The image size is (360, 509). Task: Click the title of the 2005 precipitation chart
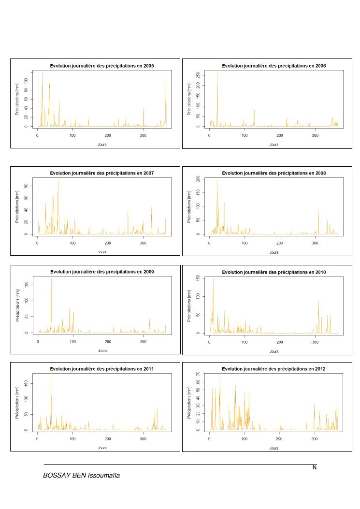(102, 65)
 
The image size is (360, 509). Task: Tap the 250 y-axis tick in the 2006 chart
(199, 74)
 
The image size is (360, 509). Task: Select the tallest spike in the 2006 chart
(217, 73)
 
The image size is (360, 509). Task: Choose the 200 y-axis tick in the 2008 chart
(199, 179)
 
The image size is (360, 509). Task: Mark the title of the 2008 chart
(274, 173)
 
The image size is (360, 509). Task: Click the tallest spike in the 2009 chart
(51, 279)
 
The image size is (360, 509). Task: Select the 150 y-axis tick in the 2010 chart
(199, 278)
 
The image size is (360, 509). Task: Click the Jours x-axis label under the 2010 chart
(274, 351)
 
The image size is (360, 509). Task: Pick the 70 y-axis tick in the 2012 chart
(199, 374)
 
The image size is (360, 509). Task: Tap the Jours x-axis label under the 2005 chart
(102, 145)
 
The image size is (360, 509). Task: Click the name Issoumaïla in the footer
(101, 476)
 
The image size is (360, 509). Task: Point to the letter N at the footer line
(314, 467)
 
